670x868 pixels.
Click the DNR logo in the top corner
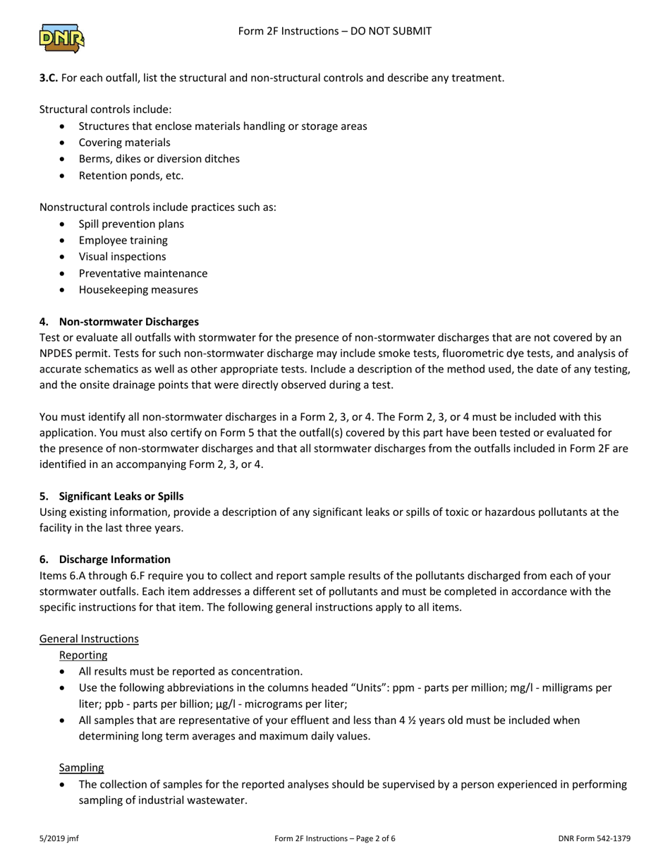coord(62,38)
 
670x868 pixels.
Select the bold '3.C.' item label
coord(49,78)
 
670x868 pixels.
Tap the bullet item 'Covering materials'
coord(124,143)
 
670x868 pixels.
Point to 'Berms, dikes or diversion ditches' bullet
coord(159,159)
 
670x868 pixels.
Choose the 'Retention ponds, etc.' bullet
coord(130,176)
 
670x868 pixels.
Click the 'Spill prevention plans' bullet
coord(131,224)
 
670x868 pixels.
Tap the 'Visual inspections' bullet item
coord(122,257)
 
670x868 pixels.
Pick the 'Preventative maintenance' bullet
coord(142,273)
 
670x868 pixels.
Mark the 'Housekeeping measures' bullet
coord(138,289)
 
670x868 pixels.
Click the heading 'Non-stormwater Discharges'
coord(128,322)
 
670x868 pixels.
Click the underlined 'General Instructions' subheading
coord(89,639)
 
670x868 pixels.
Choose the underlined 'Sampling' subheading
coord(81,767)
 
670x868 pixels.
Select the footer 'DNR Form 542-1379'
coord(594,839)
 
